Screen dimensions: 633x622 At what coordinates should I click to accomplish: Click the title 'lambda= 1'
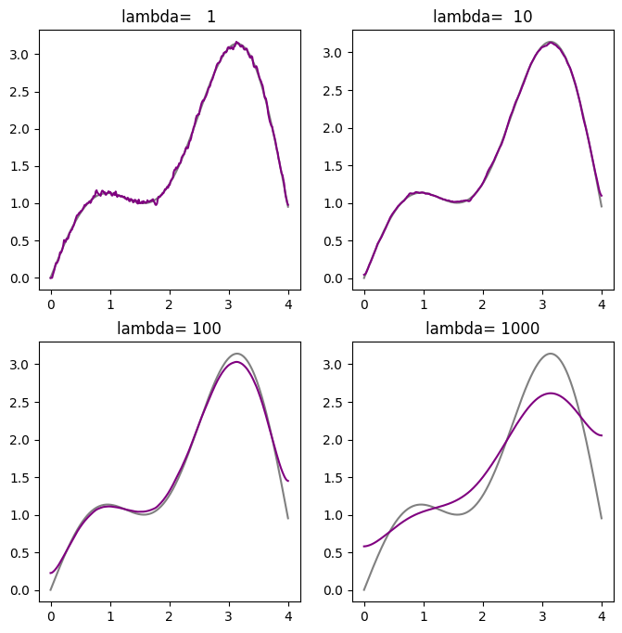[x=169, y=16]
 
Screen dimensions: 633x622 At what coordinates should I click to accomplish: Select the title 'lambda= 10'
[x=483, y=16]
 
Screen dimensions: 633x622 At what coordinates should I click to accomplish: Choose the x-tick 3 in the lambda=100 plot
[x=229, y=614]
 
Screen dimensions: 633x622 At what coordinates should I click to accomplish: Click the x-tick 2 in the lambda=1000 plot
[x=483, y=614]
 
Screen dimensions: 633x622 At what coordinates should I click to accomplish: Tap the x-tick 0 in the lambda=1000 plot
[x=364, y=614]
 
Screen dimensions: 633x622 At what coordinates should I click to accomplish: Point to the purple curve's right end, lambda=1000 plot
[x=602, y=435]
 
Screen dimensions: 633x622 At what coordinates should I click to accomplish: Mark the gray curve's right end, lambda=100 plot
[x=288, y=518]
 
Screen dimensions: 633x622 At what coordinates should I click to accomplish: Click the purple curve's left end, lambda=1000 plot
[x=364, y=547]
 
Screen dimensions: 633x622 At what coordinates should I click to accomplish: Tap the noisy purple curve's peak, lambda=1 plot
[x=237, y=42]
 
